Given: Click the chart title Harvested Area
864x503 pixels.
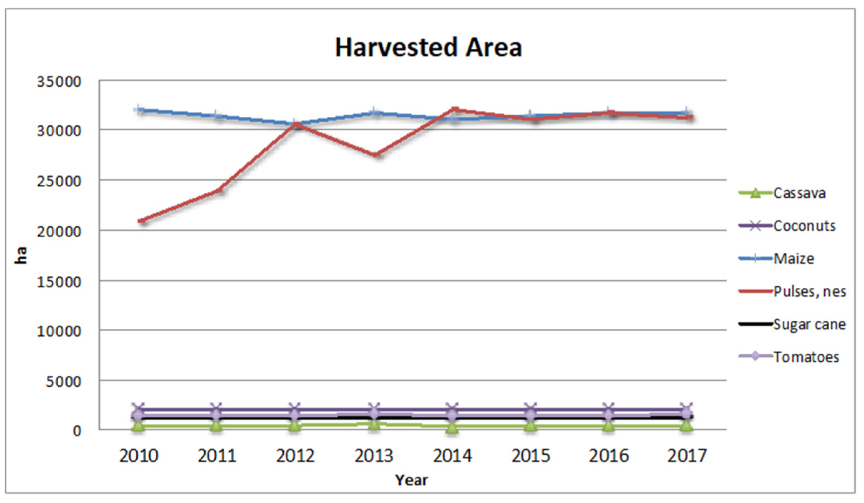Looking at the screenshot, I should coord(428,48).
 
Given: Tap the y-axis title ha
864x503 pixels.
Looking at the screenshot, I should coord(21,255).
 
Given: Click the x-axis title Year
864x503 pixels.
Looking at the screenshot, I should coord(411,480).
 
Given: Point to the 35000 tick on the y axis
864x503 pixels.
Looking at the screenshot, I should coord(59,82).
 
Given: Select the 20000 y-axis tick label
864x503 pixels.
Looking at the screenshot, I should coord(59,232).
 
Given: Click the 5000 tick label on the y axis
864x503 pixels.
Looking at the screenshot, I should coord(63,382).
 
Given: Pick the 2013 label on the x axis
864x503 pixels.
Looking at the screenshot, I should coord(374,456).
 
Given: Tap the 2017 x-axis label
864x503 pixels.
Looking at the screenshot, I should coord(687,456).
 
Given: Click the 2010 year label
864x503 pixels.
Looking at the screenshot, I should coord(138,456).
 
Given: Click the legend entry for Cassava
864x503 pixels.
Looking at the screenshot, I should coord(799,193).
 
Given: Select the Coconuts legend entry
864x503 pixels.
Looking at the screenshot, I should coord(804,226).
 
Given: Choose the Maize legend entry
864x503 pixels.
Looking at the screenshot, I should coord(794,258).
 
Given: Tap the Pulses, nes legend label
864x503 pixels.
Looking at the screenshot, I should coord(809,291).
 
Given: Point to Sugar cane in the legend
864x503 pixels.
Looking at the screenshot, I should coord(809,324).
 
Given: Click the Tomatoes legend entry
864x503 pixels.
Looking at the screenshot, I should coord(806,357).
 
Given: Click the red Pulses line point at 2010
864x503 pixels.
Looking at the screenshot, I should coord(142,221).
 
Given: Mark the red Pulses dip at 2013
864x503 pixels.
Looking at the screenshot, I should coord(376,155).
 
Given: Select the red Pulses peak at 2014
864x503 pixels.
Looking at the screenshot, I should coord(454,109).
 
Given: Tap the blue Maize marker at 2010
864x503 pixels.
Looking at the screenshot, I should coord(139,110).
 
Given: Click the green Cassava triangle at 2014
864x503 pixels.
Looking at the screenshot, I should coord(452,427).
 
